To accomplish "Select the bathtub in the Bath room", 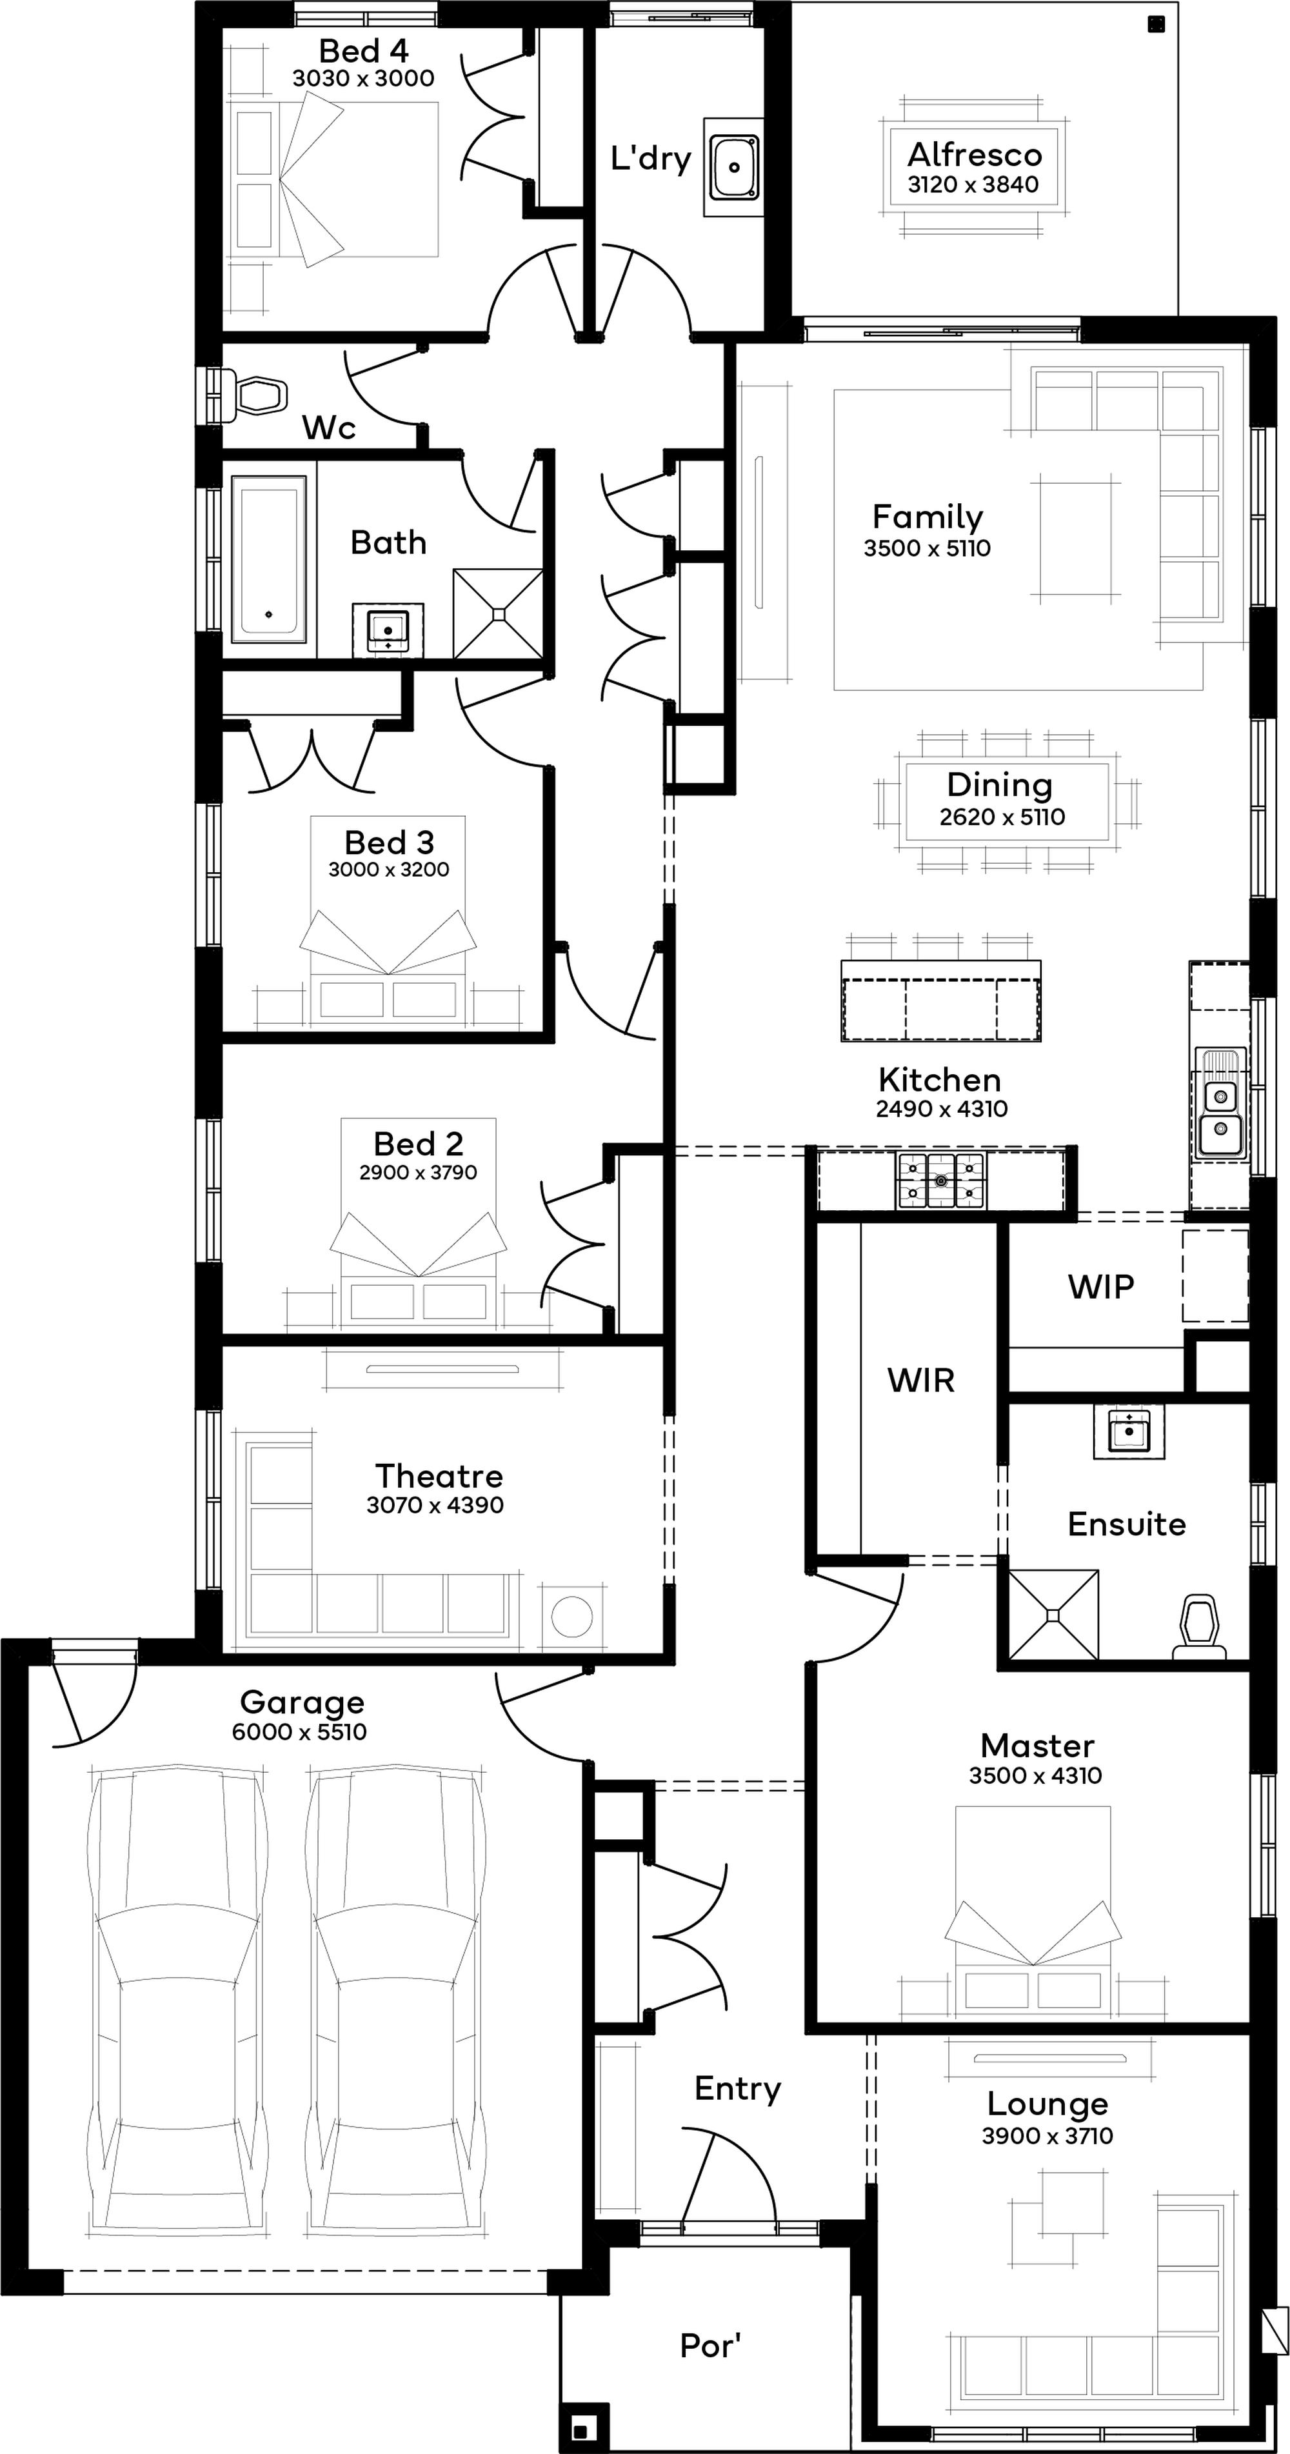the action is (270, 559).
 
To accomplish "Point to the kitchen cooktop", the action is (941, 1181).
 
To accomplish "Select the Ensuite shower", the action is (1053, 1615).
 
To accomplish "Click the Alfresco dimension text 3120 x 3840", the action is (973, 185).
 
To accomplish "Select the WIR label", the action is (920, 1381).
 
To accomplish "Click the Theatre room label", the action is (439, 1475).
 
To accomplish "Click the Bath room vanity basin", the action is (388, 629).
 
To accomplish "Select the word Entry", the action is (737, 2089).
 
